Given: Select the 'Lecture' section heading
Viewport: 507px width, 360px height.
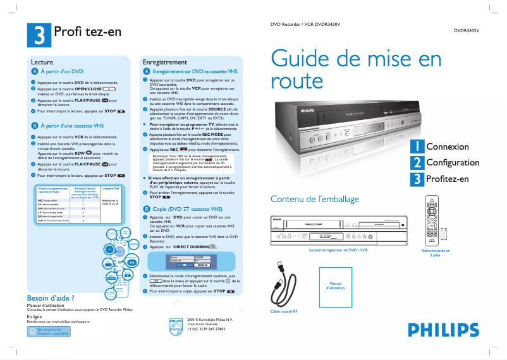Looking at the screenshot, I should pos(42,63).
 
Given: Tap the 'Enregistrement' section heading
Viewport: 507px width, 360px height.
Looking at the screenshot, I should pos(165,63).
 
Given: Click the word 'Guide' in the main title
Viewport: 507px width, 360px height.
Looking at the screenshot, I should pos(303,59).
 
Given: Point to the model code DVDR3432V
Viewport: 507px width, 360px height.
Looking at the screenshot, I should pos(467,30).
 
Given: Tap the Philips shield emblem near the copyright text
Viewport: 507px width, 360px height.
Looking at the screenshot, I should pos(176,325).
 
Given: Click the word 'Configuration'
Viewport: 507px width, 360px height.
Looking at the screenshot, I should pos(453,163).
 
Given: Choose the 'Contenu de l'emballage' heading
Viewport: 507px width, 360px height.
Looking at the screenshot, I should pos(315,200).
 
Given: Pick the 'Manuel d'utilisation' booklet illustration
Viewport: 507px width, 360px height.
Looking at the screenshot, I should pos(335,286).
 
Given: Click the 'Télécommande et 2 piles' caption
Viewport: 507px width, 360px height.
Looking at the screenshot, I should pos(435,253).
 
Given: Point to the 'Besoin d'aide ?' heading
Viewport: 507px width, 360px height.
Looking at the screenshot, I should pos(51,298).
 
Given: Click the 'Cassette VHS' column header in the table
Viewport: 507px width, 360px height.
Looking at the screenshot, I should pos(111,188).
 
